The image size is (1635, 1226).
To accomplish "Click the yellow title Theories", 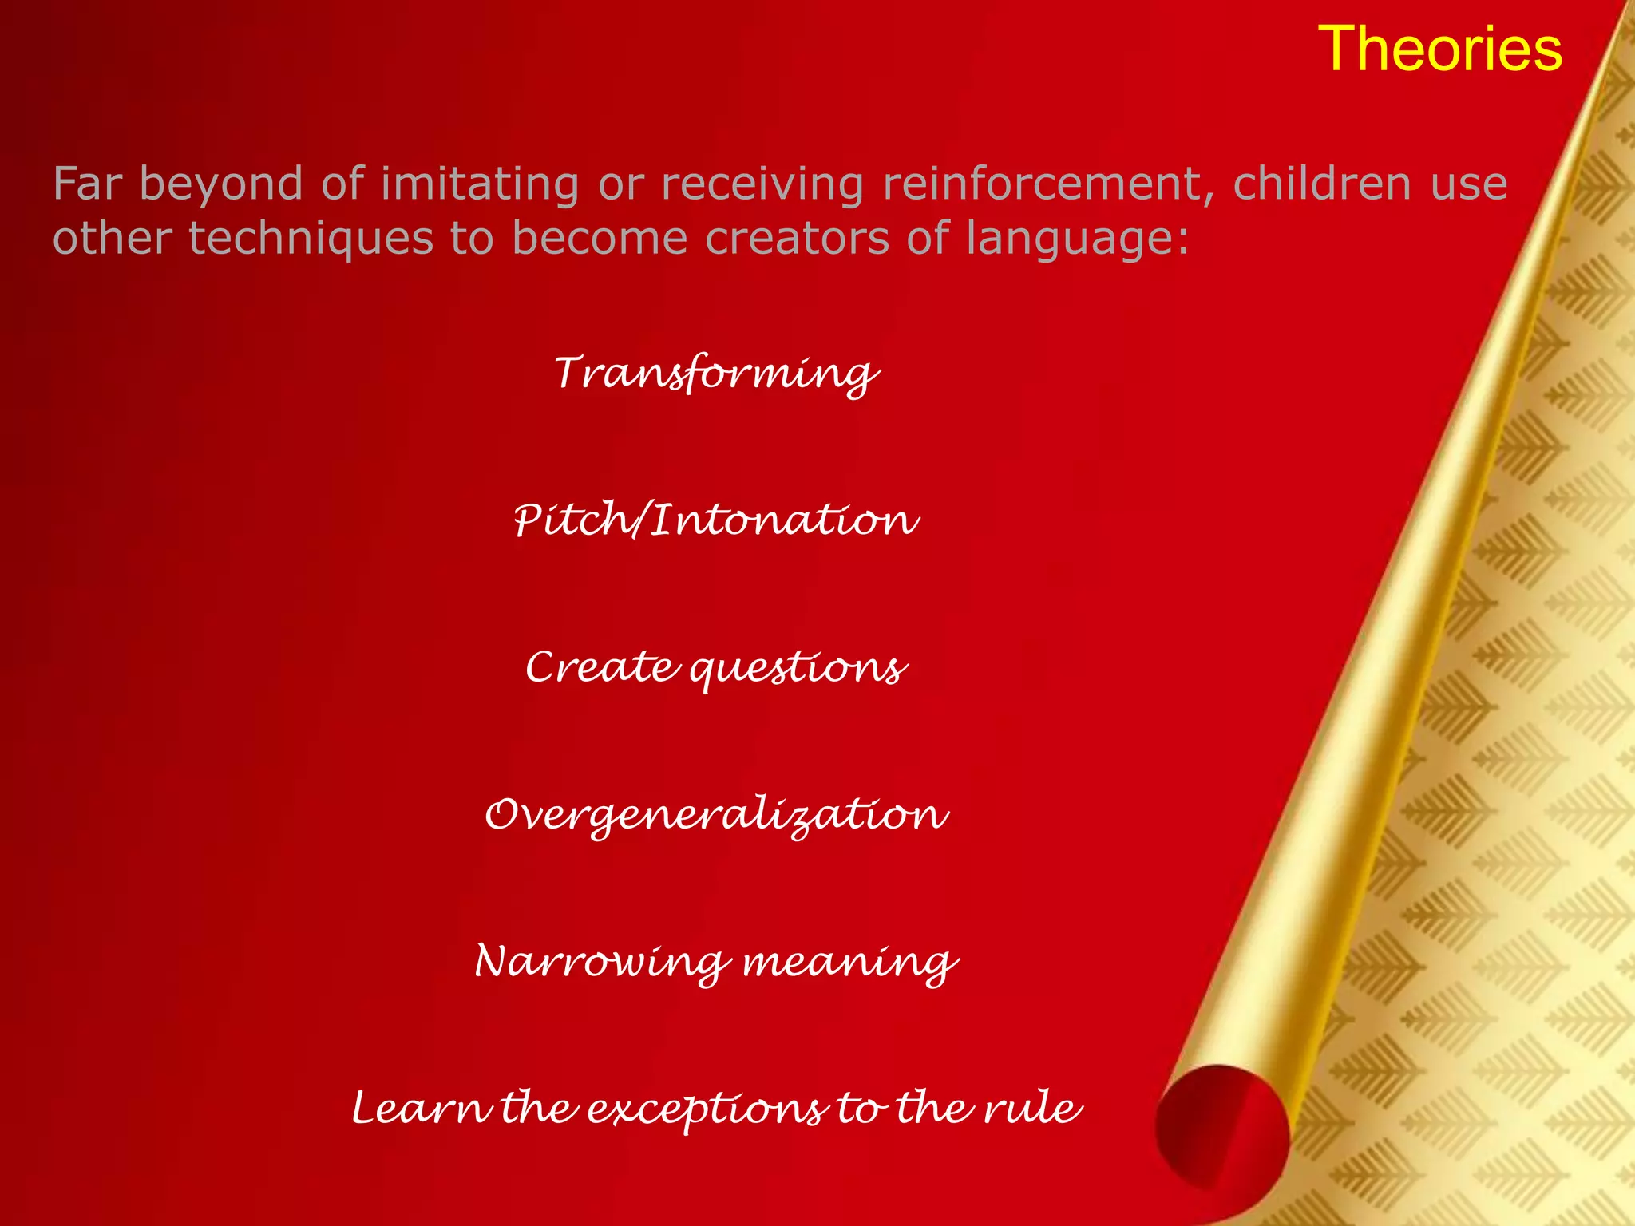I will point(1439,49).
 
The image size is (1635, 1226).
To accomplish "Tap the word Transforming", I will point(716,374).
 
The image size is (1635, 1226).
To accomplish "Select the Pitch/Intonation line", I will point(716,520).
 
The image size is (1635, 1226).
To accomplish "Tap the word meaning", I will point(849,963).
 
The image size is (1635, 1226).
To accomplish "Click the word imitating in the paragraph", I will point(480,184).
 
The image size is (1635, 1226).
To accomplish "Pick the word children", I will point(1322,184).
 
